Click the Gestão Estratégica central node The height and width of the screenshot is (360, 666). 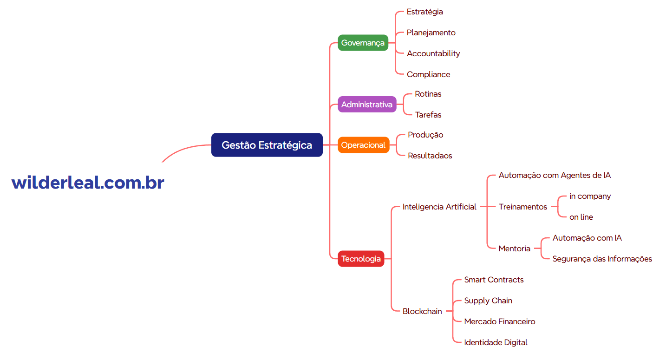pyautogui.click(x=267, y=145)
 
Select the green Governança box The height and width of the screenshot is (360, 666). pyautogui.click(x=363, y=43)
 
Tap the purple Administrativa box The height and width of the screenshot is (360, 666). pyautogui.click(x=367, y=105)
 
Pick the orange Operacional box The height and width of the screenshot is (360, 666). pyautogui.click(x=363, y=145)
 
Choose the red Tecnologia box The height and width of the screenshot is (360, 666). pyautogui.click(x=361, y=259)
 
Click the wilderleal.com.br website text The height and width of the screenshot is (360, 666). pyautogui.click(x=88, y=183)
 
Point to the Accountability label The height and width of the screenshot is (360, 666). pyautogui.click(x=433, y=53)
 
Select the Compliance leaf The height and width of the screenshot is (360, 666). pyautogui.click(x=428, y=74)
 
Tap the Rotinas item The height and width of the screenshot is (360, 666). pyautogui.click(x=428, y=94)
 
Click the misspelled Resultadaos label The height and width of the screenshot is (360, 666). pyautogui.click(x=430, y=156)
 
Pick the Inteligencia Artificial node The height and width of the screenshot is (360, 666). pyautogui.click(x=439, y=207)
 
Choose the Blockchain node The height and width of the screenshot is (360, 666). pyautogui.click(x=422, y=311)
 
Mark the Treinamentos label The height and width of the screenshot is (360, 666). pyautogui.click(x=522, y=207)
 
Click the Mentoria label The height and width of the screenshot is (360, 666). pyautogui.click(x=514, y=249)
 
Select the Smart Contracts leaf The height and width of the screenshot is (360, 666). pyautogui.click(x=494, y=280)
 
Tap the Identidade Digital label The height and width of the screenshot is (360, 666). pyautogui.click(x=496, y=342)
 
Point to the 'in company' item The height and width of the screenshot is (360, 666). pyautogui.click(x=590, y=196)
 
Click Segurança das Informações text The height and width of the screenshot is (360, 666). pyautogui.click(x=602, y=259)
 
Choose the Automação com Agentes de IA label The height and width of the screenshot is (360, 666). pyautogui.click(x=555, y=175)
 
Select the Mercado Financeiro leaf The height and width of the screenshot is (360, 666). pyautogui.click(x=500, y=321)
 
